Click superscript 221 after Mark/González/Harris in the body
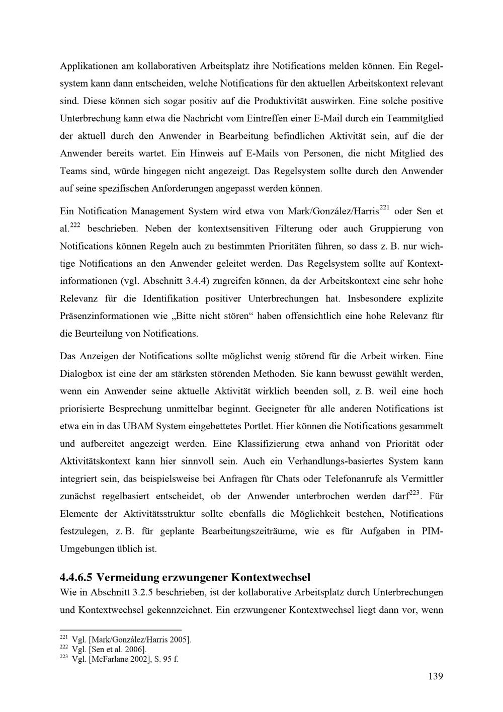(x=385, y=207)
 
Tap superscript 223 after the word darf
(x=414, y=493)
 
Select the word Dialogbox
(x=80, y=374)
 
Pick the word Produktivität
(x=281, y=101)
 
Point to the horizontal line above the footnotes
(x=120, y=629)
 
